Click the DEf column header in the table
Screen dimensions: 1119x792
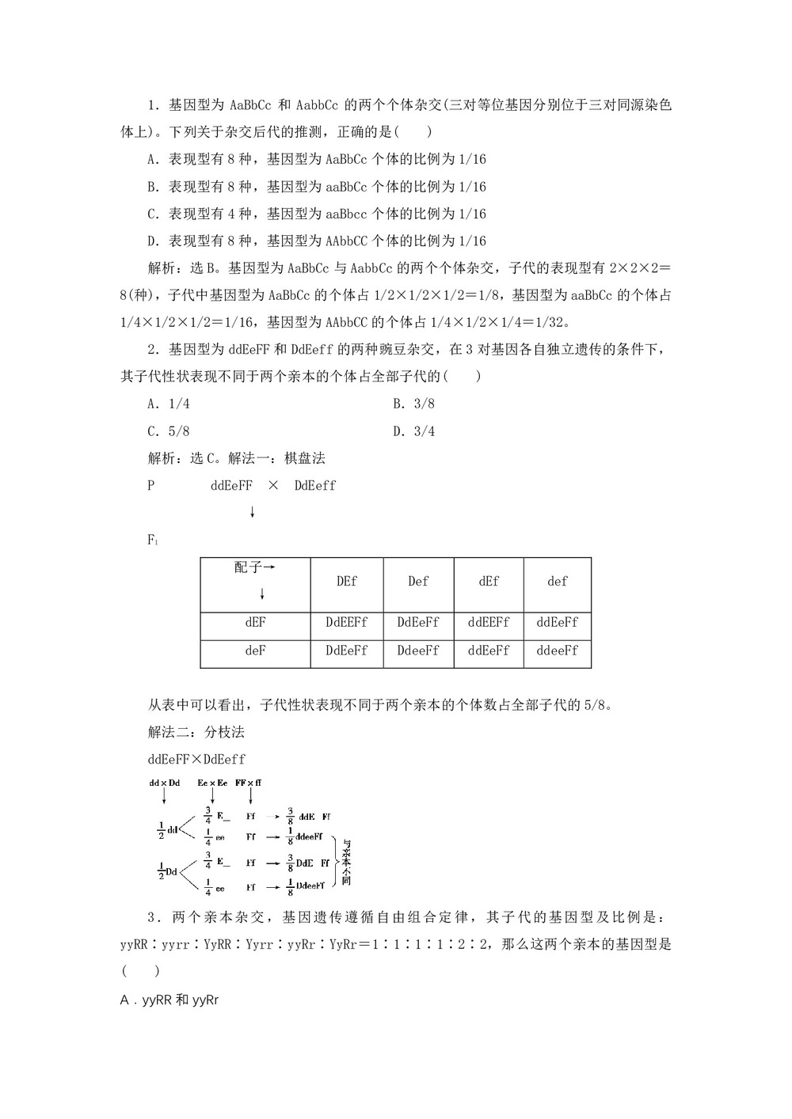click(x=347, y=582)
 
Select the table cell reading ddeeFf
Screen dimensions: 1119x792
click(x=558, y=651)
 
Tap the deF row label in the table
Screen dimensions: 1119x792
click(x=255, y=651)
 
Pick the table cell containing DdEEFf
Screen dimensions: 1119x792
click(x=347, y=623)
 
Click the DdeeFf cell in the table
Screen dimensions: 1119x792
click(x=418, y=651)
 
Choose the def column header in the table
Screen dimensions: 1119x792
click(x=558, y=582)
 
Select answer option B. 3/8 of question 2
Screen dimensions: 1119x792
click(x=414, y=404)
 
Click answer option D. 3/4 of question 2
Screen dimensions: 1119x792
click(x=414, y=431)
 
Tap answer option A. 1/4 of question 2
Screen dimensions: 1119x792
click(x=169, y=404)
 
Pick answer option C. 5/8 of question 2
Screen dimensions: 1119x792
click(x=169, y=431)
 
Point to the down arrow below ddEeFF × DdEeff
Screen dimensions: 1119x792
click(x=252, y=513)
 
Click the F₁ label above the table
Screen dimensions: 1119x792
click(x=153, y=540)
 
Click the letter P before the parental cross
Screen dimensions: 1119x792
click(x=151, y=486)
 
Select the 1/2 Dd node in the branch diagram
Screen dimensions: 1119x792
click(x=166, y=872)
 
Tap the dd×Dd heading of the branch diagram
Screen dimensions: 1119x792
click(x=165, y=783)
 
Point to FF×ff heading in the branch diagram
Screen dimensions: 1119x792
click(x=249, y=783)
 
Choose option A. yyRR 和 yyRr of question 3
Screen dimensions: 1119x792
click(x=169, y=1000)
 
